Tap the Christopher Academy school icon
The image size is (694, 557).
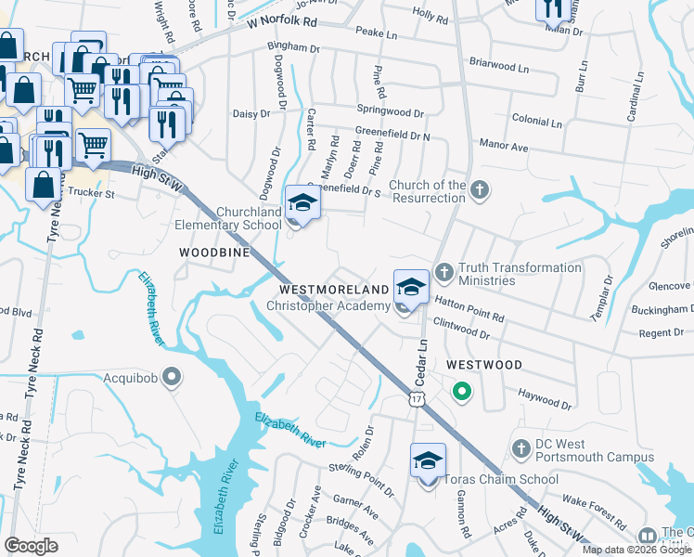click(411, 285)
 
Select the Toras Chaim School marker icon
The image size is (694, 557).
click(428, 460)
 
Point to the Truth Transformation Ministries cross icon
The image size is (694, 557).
click(443, 272)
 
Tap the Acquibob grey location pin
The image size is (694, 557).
click(172, 376)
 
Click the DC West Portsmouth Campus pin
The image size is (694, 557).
click(520, 448)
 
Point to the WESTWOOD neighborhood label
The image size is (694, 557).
click(483, 365)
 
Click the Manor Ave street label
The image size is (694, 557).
click(503, 146)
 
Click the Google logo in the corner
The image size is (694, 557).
click(31, 546)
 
